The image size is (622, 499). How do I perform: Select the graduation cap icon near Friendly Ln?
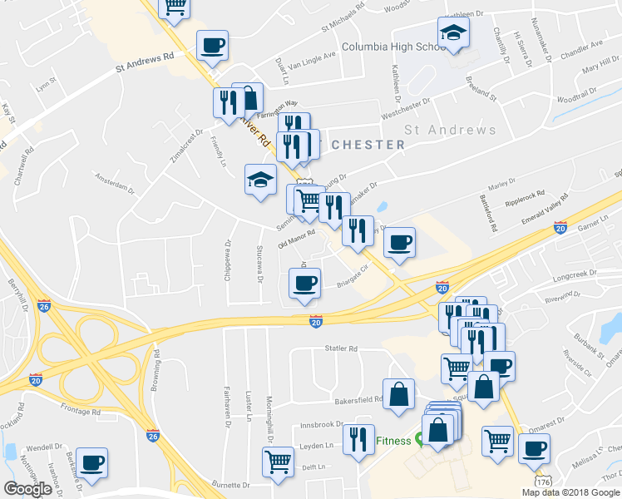pyautogui.click(x=260, y=180)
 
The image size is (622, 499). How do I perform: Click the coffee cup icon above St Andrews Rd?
pyautogui.click(x=212, y=45)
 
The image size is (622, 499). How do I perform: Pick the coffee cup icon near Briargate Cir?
pyautogui.click(x=304, y=282)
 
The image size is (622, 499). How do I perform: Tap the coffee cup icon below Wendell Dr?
pyautogui.click(x=91, y=462)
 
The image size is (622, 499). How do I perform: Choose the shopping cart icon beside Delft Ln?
pyautogui.click(x=278, y=461)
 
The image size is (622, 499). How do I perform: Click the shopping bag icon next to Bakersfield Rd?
pyautogui.click(x=398, y=393)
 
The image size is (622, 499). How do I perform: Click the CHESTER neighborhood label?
pyautogui.click(x=368, y=145)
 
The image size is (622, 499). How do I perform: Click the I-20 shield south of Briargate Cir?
pyautogui.click(x=316, y=320)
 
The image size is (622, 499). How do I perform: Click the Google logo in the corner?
pyautogui.click(x=27, y=489)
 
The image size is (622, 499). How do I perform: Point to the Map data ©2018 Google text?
pyautogui.click(x=570, y=492)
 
